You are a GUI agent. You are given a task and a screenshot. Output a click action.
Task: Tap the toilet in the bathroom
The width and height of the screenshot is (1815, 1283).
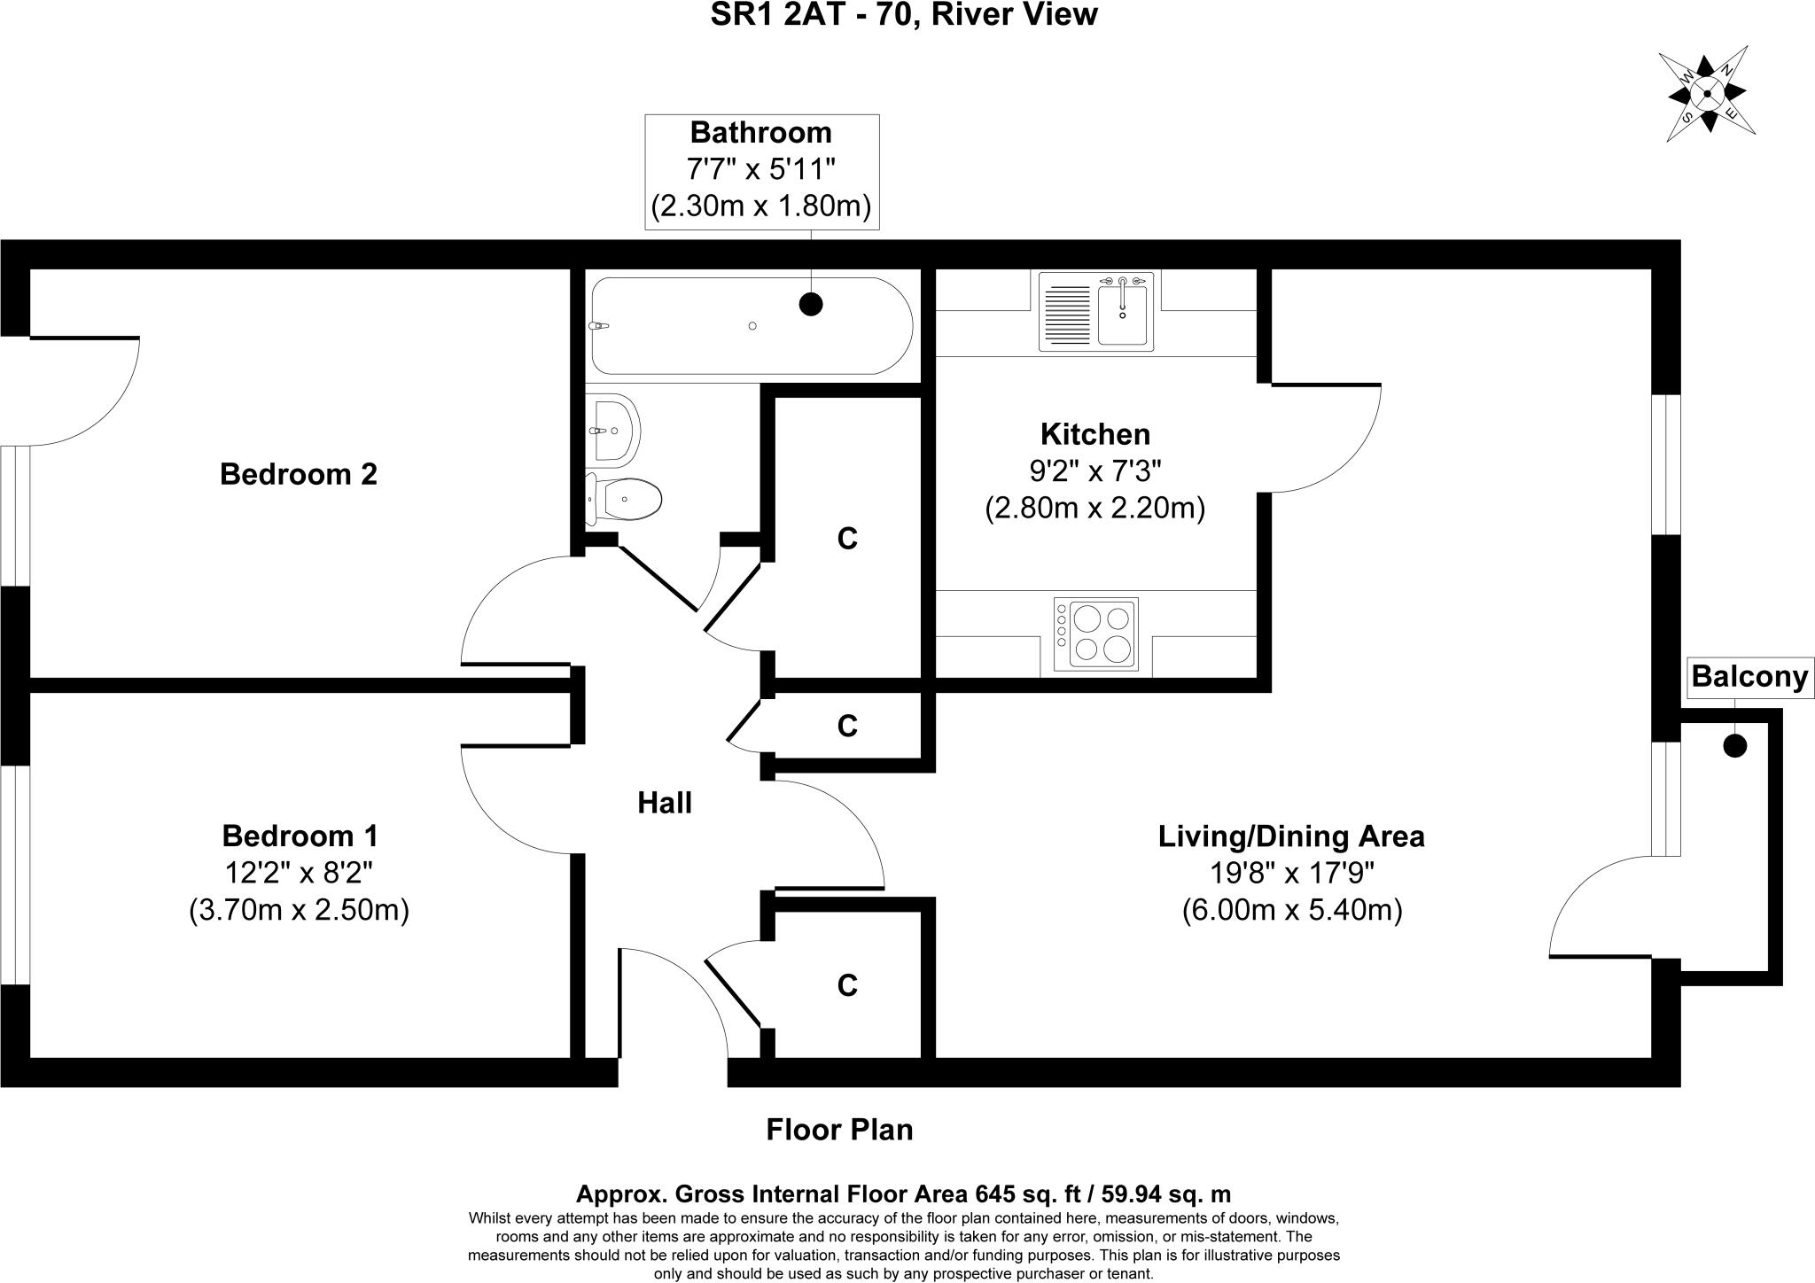click(x=624, y=500)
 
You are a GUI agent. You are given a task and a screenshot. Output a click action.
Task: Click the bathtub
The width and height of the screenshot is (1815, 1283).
click(x=752, y=325)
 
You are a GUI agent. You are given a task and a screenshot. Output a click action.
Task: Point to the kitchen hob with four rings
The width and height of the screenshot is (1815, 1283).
click(x=1095, y=634)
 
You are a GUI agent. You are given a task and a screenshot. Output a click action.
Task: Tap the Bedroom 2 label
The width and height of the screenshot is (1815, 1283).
click(x=299, y=474)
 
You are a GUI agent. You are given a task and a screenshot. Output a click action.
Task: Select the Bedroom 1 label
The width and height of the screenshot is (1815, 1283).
click(x=300, y=836)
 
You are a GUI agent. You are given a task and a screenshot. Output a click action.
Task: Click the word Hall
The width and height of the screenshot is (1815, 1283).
click(x=665, y=803)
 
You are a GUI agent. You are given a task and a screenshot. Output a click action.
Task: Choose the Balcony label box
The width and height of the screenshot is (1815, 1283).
click(x=1749, y=677)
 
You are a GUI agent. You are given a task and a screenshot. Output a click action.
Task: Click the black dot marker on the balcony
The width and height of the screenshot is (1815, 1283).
click(x=1734, y=746)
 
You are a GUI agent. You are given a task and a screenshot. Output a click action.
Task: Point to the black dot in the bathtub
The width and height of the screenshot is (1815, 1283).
click(x=811, y=304)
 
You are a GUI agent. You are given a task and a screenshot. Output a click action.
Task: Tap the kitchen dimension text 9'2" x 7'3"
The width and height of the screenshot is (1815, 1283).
click(x=1094, y=470)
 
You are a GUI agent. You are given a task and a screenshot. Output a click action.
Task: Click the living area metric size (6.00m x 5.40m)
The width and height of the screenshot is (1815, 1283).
click(x=1291, y=911)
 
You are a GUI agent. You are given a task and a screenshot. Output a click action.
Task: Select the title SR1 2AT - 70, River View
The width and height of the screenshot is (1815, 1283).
click(x=904, y=15)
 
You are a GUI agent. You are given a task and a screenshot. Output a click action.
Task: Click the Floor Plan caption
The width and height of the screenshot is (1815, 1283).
click(x=839, y=1130)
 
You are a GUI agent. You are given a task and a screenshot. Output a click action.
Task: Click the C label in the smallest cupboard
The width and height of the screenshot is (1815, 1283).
click(x=847, y=727)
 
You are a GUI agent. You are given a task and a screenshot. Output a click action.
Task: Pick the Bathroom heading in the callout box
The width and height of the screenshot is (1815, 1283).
click(x=761, y=133)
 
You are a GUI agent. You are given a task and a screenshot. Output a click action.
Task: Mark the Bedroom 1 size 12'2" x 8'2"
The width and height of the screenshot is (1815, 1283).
click(x=299, y=874)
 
